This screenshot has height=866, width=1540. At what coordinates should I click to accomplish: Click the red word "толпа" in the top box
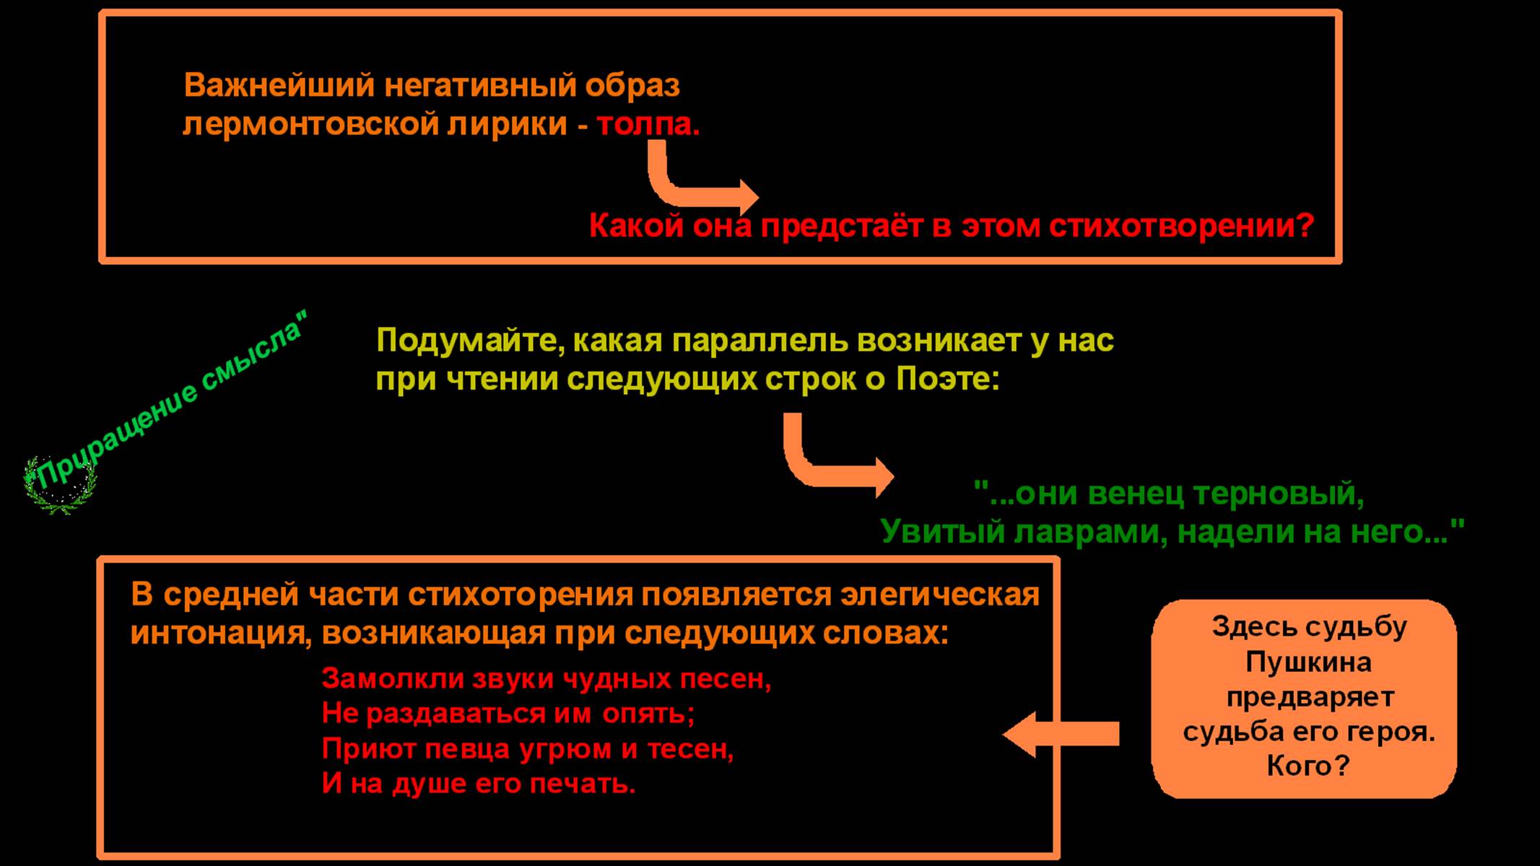[646, 125]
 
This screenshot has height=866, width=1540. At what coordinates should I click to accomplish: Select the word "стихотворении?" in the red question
[1180, 227]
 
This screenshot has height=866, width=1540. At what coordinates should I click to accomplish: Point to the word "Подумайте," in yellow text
[470, 341]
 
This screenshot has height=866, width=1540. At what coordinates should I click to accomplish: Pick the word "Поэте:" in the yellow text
[948, 380]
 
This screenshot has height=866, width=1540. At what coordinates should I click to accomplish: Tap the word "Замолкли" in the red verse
[393, 679]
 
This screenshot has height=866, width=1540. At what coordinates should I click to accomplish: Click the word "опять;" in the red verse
[648, 714]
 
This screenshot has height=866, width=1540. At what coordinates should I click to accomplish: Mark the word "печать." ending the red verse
[583, 784]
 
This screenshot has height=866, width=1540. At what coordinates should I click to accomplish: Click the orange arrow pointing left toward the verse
[1061, 734]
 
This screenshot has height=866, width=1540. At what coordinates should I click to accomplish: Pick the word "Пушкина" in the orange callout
[1308, 662]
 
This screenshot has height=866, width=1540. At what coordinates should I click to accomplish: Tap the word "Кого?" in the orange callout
[1308, 766]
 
